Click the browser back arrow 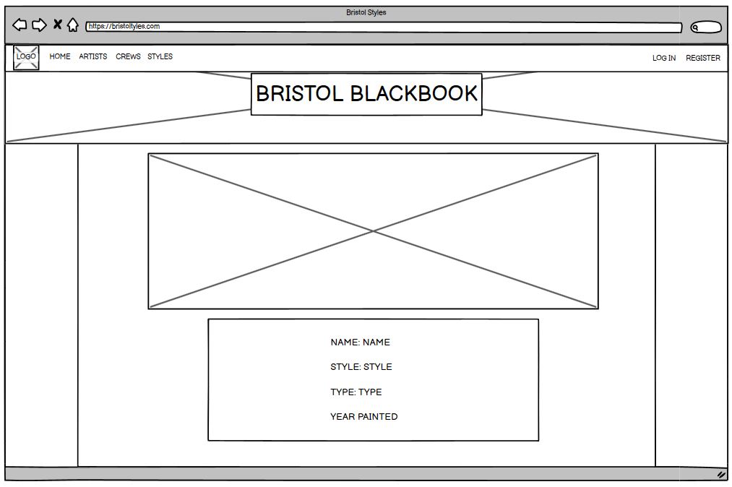click(20, 25)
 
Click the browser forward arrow click(39, 25)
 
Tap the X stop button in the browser click(57, 25)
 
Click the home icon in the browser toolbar click(73, 25)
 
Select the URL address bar click(383, 27)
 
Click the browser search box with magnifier click(706, 27)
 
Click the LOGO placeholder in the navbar click(26, 57)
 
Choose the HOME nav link click(60, 56)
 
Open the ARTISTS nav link click(93, 56)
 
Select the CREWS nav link click(128, 56)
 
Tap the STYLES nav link click(160, 56)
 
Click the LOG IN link click(664, 58)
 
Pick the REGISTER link click(703, 58)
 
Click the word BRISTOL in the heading click(299, 94)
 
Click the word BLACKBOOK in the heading click(414, 94)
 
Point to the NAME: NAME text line click(360, 342)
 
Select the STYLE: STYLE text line click(361, 367)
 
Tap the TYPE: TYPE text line click(356, 392)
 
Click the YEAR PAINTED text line click(363, 417)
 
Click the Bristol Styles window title click(366, 12)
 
